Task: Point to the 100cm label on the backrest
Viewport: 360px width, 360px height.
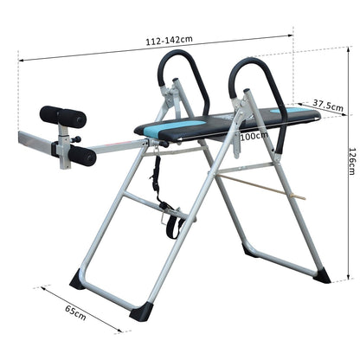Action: (x=254, y=136)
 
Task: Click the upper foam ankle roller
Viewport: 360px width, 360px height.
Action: (x=63, y=117)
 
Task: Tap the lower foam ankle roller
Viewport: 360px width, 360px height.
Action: (x=80, y=156)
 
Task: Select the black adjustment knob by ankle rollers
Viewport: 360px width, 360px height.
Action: (x=77, y=139)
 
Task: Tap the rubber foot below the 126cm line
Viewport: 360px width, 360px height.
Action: (x=321, y=276)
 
